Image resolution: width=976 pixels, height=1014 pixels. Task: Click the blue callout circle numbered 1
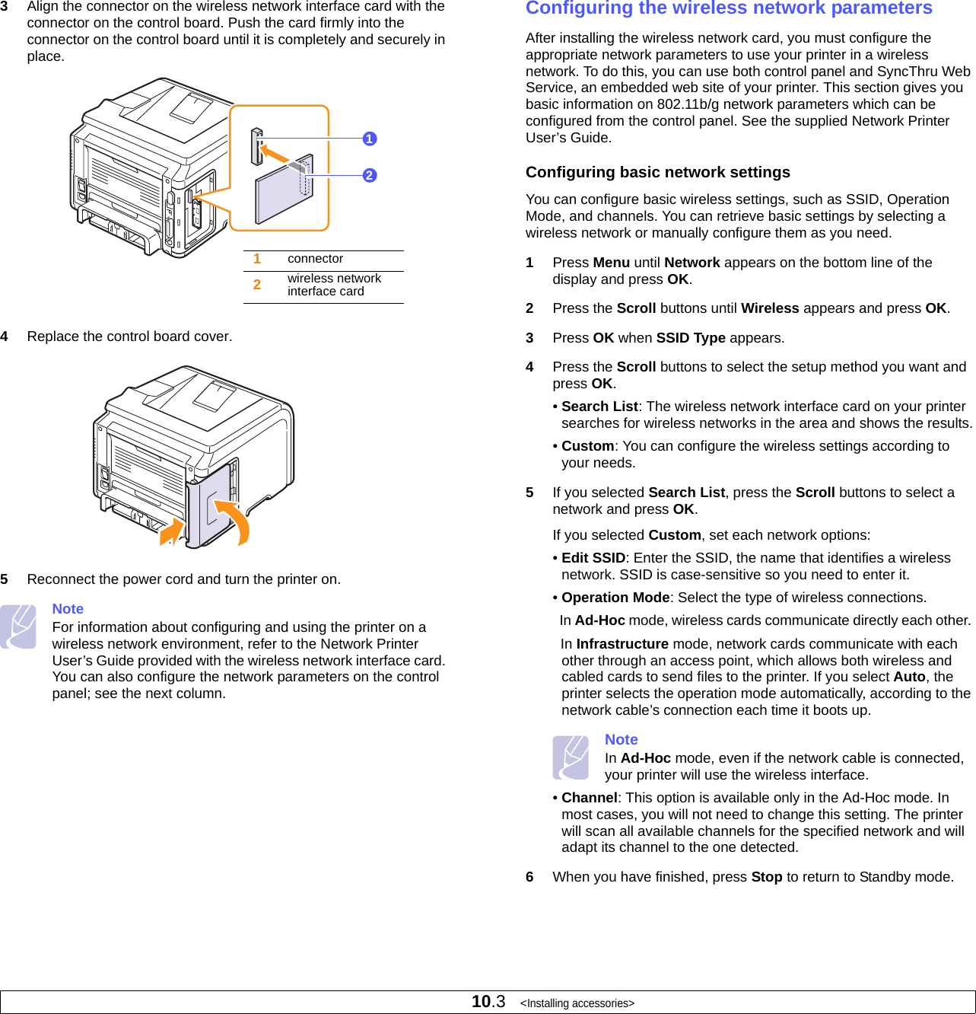[370, 139]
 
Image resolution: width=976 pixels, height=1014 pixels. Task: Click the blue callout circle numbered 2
[370, 175]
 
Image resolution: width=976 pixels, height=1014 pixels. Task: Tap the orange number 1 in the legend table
[257, 259]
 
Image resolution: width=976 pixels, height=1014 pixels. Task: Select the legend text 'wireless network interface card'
[334, 285]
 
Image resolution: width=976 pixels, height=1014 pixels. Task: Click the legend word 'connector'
[315, 259]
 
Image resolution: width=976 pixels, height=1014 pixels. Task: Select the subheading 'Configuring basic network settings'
[657, 172]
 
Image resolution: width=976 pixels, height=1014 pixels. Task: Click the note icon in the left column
[18, 627]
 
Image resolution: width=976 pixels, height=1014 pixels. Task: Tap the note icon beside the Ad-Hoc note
[571, 757]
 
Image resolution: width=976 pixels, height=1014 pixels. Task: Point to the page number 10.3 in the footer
[488, 1002]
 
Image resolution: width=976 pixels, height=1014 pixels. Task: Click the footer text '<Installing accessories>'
[577, 1003]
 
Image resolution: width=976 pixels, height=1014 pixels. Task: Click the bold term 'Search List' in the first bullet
[599, 407]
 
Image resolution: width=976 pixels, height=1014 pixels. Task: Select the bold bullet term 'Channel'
[589, 798]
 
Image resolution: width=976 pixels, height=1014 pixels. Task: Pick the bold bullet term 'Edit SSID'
[593, 558]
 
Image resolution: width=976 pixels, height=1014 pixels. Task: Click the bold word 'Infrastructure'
[622, 644]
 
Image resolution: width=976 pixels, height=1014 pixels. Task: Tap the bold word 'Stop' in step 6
[766, 877]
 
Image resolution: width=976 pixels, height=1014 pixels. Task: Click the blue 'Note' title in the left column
[68, 609]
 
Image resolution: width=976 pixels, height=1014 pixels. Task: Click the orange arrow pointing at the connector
[275, 154]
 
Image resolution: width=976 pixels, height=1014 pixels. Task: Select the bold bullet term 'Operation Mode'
[615, 598]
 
